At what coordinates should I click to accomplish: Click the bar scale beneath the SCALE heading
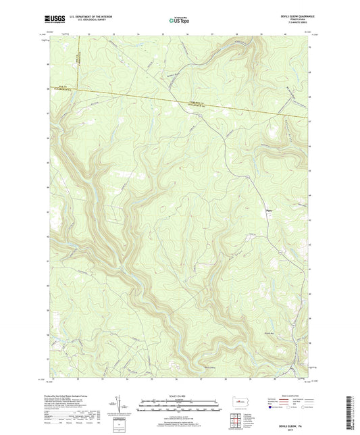coord(179,407)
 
